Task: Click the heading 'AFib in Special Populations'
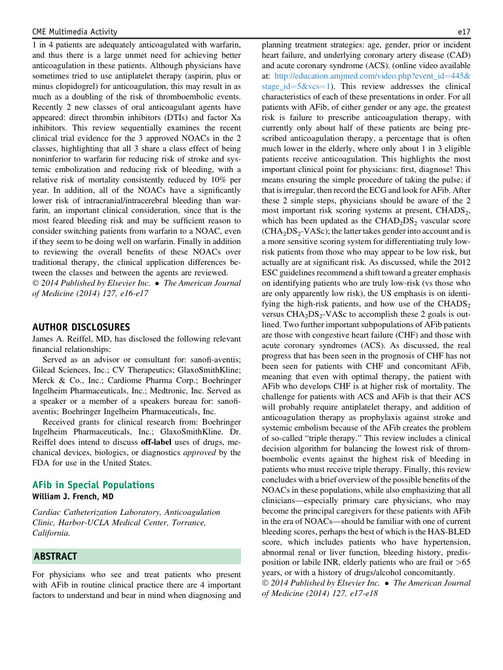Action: (x=93, y=485)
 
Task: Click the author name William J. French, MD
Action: (x=72, y=497)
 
